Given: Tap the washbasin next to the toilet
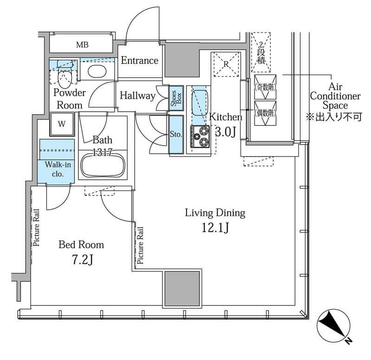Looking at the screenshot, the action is click(x=97, y=71).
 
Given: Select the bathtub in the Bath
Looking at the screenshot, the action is click(x=103, y=165).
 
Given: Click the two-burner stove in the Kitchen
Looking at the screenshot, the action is click(x=200, y=136).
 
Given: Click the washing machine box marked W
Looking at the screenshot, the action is click(x=62, y=124).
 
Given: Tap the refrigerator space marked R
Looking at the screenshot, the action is click(x=226, y=64).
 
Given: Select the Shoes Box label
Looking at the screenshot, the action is click(x=176, y=98).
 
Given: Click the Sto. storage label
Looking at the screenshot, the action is click(x=176, y=134).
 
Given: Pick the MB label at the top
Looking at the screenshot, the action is click(x=83, y=44).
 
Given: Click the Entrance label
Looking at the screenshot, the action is click(x=140, y=61).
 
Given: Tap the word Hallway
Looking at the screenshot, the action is click(x=137, y=96).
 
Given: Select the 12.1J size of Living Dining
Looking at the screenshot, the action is click(x=215, y=228).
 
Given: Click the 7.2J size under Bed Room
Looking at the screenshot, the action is click(x=83, y=260).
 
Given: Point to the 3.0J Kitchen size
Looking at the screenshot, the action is click(x=225, y=132).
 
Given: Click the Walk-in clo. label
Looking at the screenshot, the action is click(x=58, y=169).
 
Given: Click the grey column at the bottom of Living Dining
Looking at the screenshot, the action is click(x=182, y=289).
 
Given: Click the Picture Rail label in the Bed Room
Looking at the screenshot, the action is click(x=36, y=227).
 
